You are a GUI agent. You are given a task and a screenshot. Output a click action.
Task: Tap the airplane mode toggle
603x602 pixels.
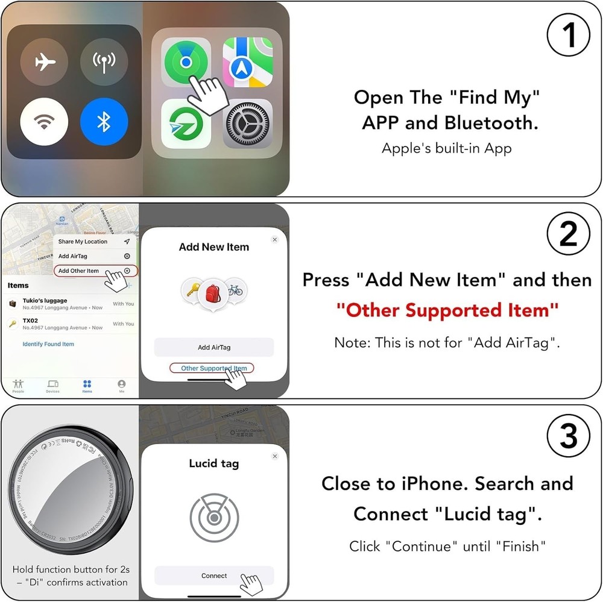pyautogui.click(x=45, y=61)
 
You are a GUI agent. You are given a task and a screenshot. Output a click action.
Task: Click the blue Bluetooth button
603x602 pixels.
pyautogui.click(x=104, y=122)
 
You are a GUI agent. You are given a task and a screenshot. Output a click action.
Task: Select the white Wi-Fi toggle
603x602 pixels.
pyautogui.click(x=44, y=122)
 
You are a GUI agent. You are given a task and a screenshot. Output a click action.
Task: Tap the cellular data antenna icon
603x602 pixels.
pyautogui.click(x=104, y=61)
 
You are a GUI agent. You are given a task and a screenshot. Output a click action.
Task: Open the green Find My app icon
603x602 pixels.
pyautogui.click(x=186, y=62)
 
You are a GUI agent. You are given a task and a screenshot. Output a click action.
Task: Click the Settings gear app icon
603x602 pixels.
pyautogui.click(x=247, y=124)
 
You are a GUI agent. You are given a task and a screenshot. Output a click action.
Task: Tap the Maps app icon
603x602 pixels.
pyautogui.click(x=247, y=62)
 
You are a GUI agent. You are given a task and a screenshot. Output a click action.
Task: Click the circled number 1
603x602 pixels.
pyautogui.click(x=568, y=36)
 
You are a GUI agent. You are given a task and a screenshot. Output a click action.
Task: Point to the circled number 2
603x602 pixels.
pyautogui.click(x=568, y=234)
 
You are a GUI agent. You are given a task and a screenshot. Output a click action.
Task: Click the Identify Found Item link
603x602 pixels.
pyautogui.click(x=48, y=344)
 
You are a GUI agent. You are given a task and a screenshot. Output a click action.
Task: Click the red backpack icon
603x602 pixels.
pyautogui.click(x=213, y=292)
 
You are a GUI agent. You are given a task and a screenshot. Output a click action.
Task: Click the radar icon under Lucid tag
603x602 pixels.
pyautogui.click(x=214, y=518)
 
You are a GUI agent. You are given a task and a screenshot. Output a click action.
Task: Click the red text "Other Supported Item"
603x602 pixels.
pyautogui.click(x=447, y=311)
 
